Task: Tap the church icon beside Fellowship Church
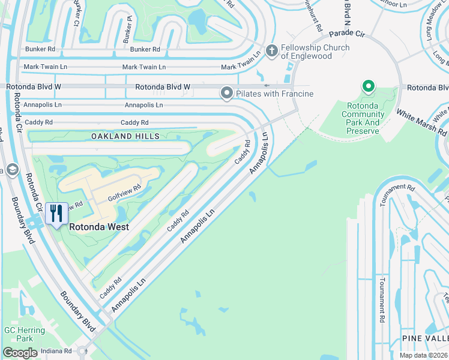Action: click(271, 51)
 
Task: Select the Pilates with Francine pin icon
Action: click(226, 93)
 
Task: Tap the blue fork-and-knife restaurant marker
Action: click(56, 214)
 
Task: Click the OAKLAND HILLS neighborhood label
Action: click(125, 136)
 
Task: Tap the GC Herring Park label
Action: click(25, 334)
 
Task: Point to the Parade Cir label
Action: click(346, 33)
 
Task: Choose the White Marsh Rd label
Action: click(421, 122)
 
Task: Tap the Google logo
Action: click(20, 353)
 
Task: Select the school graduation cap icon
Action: click(11, 170)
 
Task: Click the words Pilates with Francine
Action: click(275, 94)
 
